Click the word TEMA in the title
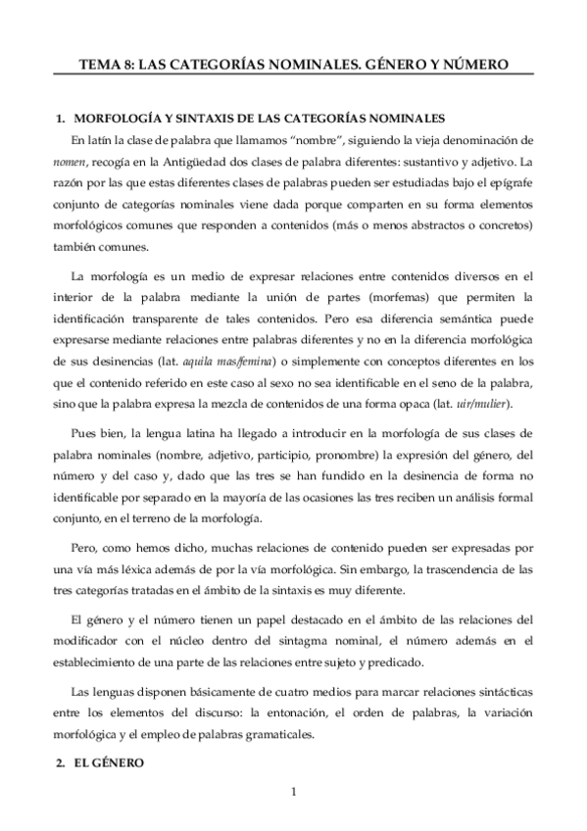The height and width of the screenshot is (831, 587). pyautogui.click(x=100, y=65)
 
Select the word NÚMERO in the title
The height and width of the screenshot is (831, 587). pyautogui.click(x=474, y=65)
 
